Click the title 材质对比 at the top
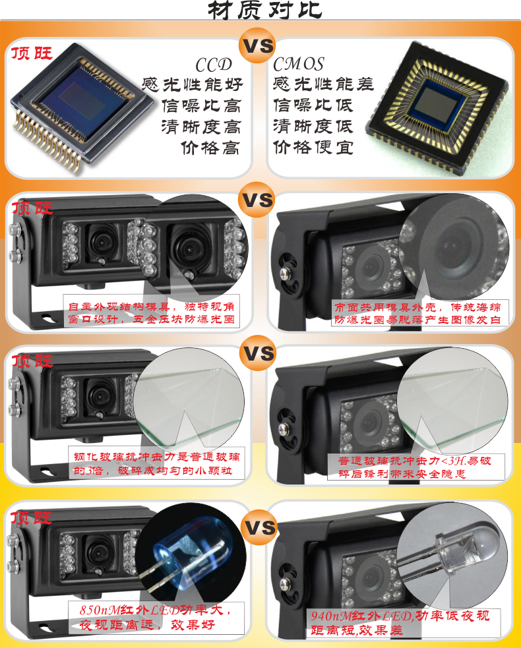tap(264, 10)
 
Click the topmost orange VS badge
tap(258, 45)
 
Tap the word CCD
tap(214, 65)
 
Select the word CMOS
tap(299, 64)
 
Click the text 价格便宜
tap(313, 147)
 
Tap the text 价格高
tap(210, 148)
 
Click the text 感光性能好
tap(193, 85)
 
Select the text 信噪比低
tap(313, 105)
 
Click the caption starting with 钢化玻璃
tap(157, 463)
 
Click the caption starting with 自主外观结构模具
tap(151, 313)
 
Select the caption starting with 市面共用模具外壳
tap(417, 313)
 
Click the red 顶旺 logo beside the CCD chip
tap(32, 53)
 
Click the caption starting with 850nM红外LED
tap(155, 617)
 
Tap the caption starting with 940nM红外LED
tap(400, 623)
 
